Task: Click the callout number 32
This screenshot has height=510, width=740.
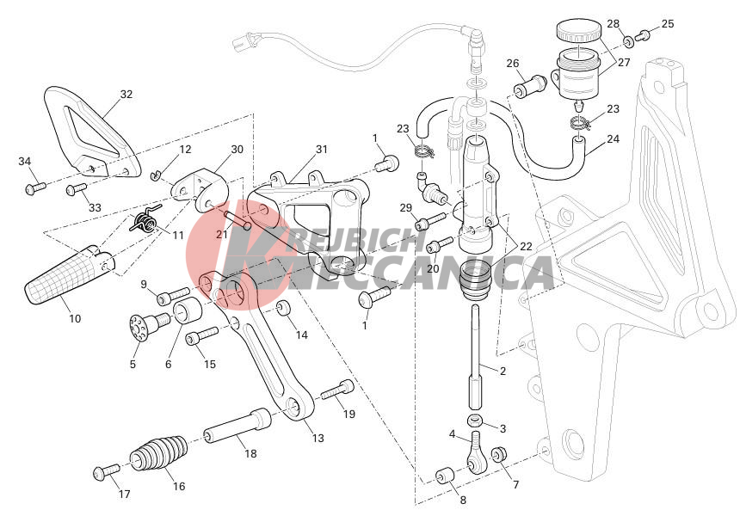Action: [126, 94]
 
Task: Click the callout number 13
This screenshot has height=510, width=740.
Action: [318, 438]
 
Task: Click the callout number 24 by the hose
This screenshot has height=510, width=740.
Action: [613, 138]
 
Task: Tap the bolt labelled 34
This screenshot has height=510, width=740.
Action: [34, 185]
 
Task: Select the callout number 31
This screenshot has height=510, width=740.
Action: [321, 149]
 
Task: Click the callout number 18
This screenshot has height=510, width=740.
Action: [250, 452]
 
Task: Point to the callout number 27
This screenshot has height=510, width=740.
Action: [624, 62]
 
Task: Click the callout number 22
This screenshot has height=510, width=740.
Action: [525, 245]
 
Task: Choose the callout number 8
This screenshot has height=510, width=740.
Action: [463, 499]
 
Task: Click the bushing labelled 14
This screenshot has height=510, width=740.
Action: [282, 310]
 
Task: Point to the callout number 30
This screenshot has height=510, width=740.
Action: [237, 148]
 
